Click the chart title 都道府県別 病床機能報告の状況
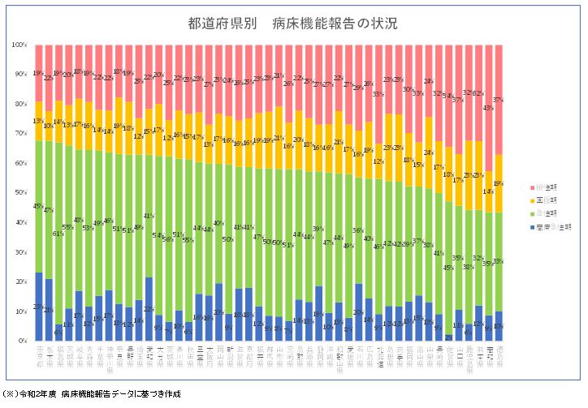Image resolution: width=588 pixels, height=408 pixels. (x=293, y=23)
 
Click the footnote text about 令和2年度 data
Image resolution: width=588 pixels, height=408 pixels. (x=93, y=394)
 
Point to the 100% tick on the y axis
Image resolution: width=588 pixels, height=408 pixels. (x=20, y=45)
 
